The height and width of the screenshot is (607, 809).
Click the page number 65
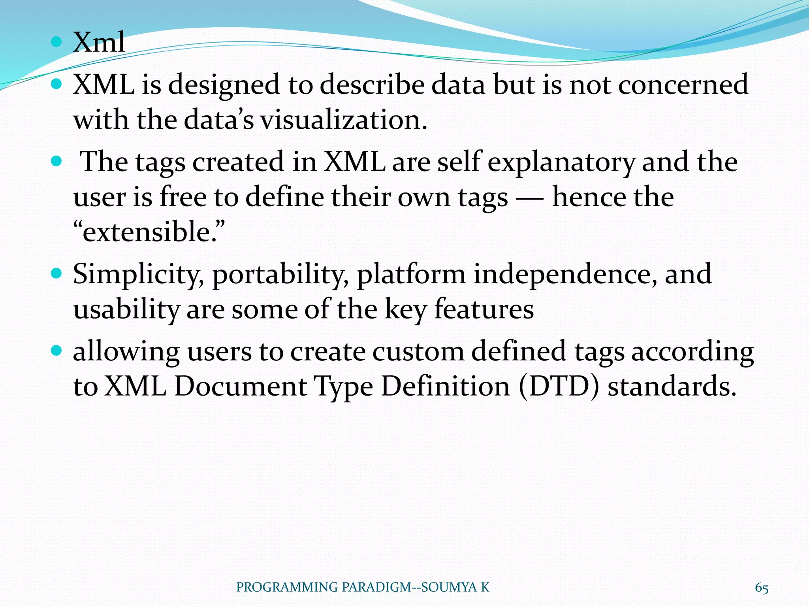click(761, 588)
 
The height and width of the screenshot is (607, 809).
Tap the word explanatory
click(561, 162)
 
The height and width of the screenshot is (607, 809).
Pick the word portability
click(280, 275)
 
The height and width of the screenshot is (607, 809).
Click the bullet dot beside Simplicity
click(57, 273)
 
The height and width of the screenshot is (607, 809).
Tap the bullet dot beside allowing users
click(57, 350)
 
